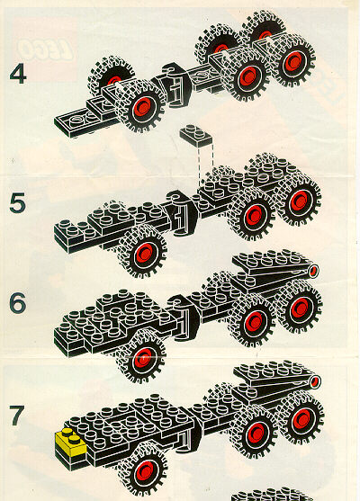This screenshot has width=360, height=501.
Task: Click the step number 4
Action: tap(18, 74)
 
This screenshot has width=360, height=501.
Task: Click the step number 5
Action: tap(17, 203)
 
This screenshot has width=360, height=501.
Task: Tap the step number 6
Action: tap(17, 302)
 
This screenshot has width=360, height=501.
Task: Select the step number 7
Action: tap(16, 415)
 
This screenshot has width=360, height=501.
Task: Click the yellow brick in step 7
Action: tap(71, 442)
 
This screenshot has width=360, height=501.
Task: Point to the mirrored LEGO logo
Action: tap(44, 49)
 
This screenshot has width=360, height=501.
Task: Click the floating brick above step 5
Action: tap(196, 135)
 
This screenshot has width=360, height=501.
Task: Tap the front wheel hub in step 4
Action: tap(142, 107)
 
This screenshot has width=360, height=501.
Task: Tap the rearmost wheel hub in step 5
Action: tap(300, 201)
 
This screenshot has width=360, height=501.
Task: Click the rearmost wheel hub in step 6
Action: tap(301, 308)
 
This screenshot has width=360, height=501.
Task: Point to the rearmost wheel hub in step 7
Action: tap(301, 418)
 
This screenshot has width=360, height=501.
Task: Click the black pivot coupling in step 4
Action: tap(175, 85)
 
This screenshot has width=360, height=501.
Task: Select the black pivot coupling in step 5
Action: tap(181, 212)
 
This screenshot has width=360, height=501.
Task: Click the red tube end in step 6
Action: tap(313, 271)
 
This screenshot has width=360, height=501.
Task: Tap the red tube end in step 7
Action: tap(316, 381)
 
